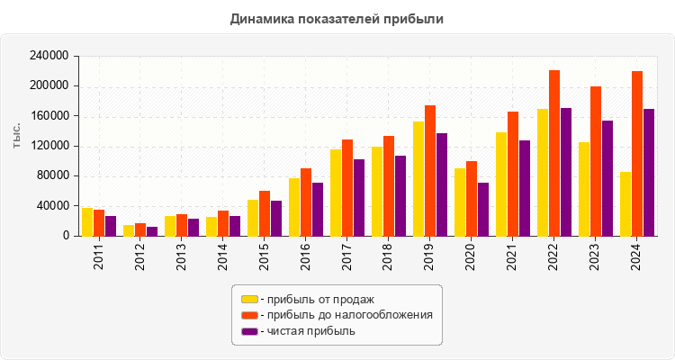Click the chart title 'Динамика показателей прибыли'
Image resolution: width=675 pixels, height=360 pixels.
tap(337, 18)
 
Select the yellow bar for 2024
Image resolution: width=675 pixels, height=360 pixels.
tap(625, 204)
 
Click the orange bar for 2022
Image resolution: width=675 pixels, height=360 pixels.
tap(554, 153)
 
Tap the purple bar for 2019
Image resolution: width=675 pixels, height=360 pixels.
tap(442, 184)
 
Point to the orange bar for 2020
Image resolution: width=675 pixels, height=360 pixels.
tap(472, 199)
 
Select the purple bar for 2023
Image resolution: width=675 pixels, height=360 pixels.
tap(607, 178)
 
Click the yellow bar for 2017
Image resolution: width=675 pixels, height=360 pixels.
tap(336, 193)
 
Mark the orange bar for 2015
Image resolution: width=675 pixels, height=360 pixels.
tap(265, 213)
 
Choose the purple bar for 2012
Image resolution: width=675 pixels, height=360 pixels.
tap(152, 231)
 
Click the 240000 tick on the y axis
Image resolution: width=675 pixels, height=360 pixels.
tap(50, 56)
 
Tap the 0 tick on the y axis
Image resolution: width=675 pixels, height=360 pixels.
tap(66, 236)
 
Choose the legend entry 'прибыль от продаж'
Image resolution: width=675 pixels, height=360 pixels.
tap(316, 299)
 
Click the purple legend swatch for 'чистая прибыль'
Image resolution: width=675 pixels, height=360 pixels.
tap(249, 331)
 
